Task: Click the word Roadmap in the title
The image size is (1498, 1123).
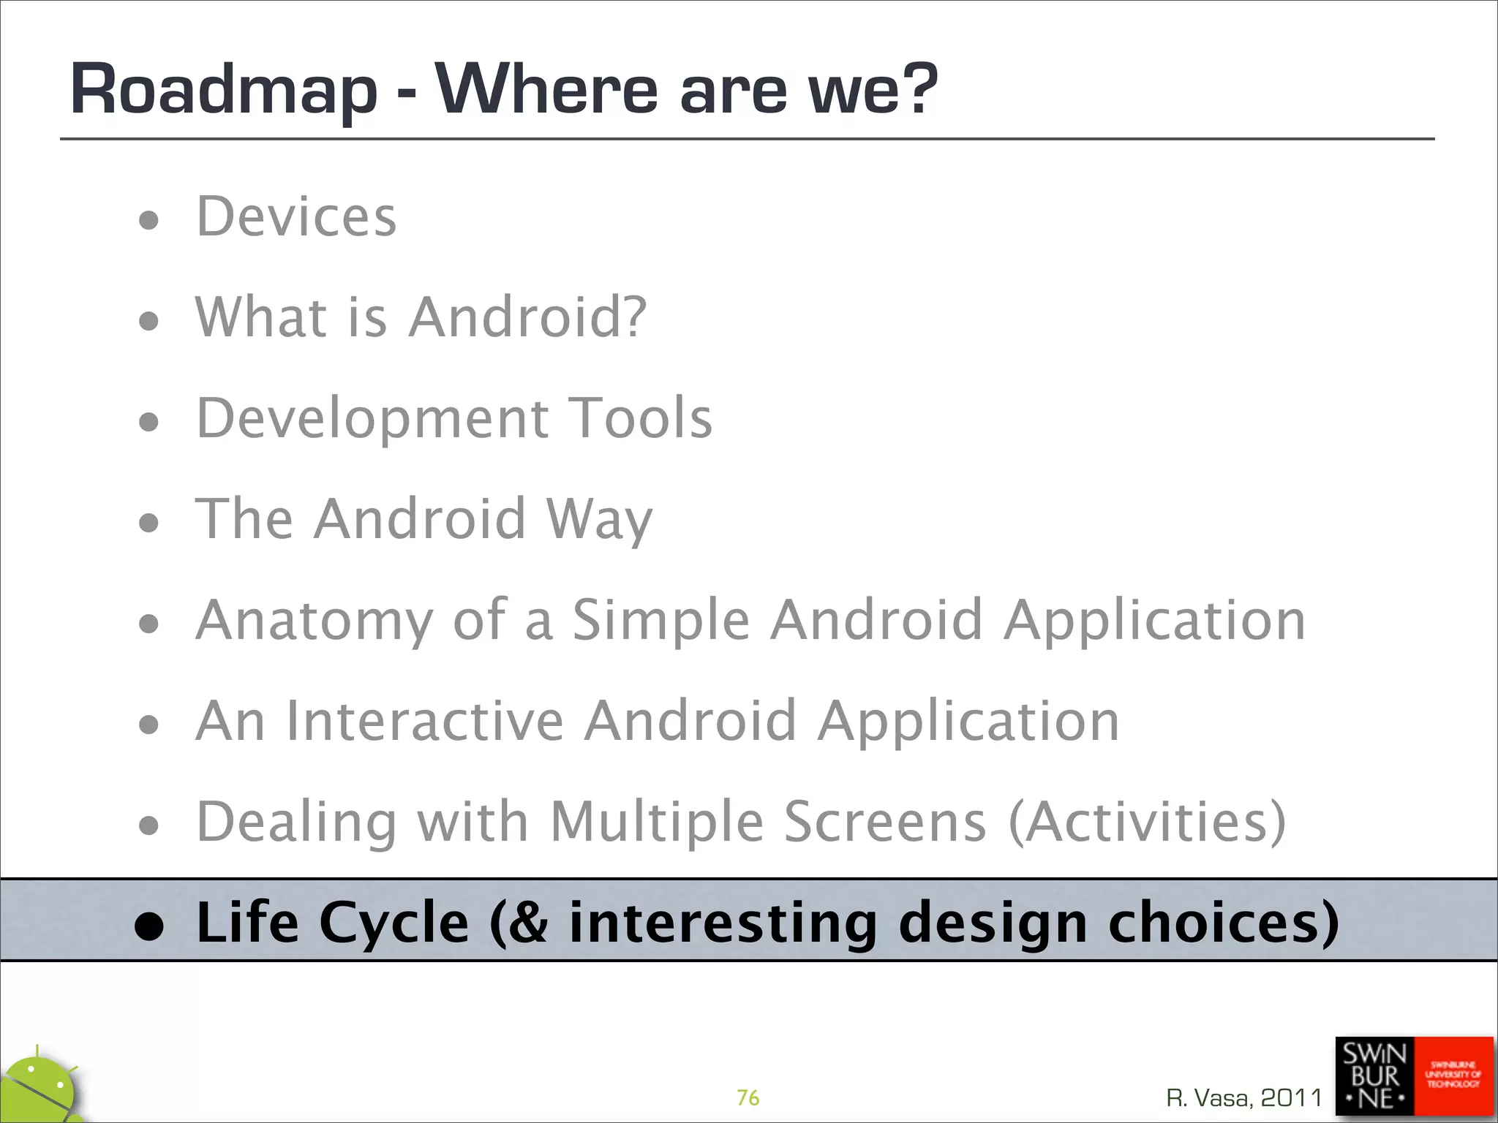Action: coord(223,91)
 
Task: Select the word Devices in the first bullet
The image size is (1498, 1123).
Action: coord(296,217)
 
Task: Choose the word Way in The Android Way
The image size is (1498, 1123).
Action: coord(599,519)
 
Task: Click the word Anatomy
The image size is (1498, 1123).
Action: coord(315,620)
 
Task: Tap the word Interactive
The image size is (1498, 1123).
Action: coord(425,721)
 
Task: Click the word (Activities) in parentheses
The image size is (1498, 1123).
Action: coord(1147,822)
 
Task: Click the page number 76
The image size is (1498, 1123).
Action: coord(748,1097)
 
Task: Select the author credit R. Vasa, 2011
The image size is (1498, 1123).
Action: coord(1244,1097)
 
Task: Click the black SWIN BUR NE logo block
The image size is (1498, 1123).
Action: coord(1374,1075)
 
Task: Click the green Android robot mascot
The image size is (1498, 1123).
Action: coord(40,1089)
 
